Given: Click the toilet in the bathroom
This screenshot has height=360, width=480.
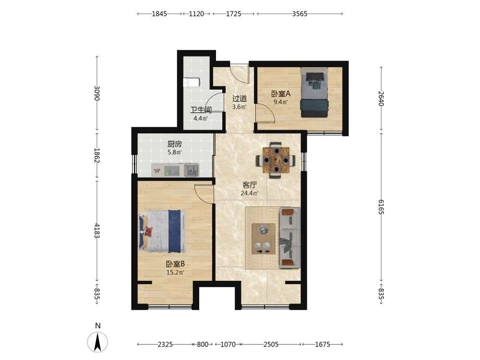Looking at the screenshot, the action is tap(192, 83).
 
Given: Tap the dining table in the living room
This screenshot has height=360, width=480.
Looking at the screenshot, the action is tap(276, 160).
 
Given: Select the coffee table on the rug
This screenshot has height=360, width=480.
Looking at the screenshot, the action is tap(263, 239).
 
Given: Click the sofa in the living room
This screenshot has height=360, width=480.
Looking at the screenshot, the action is tap(289, 238).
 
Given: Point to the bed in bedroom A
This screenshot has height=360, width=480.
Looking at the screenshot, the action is tap(314, 93).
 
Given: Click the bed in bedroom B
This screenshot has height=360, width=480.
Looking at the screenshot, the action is tap(162, 231).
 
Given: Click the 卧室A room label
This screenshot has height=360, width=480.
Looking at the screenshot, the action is tap(281, 94).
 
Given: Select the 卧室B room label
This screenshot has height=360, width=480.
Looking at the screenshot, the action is tap(175, 264).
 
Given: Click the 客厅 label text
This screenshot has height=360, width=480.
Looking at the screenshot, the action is tap(250, 185).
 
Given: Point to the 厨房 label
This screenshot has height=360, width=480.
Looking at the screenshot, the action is tap(175, 144).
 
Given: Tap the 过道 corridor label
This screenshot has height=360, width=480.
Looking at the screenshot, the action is tap(240, 98).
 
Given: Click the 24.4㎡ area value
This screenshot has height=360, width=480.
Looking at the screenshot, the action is tap(250, 193).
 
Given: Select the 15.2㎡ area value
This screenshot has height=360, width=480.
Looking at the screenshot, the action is tap(175, 272).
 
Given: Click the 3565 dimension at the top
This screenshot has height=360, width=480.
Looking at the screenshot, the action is tap(300, 14).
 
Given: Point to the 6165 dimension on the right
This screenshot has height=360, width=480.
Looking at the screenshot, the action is tap(381, 207).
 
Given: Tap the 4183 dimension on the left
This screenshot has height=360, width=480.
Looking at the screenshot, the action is tap(97, 230).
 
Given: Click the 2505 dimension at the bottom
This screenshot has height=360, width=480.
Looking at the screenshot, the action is tap(271, 344).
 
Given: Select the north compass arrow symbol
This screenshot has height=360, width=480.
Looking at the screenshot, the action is tap(97, 342).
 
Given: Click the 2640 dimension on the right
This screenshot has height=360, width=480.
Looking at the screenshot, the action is tap(381, 98).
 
